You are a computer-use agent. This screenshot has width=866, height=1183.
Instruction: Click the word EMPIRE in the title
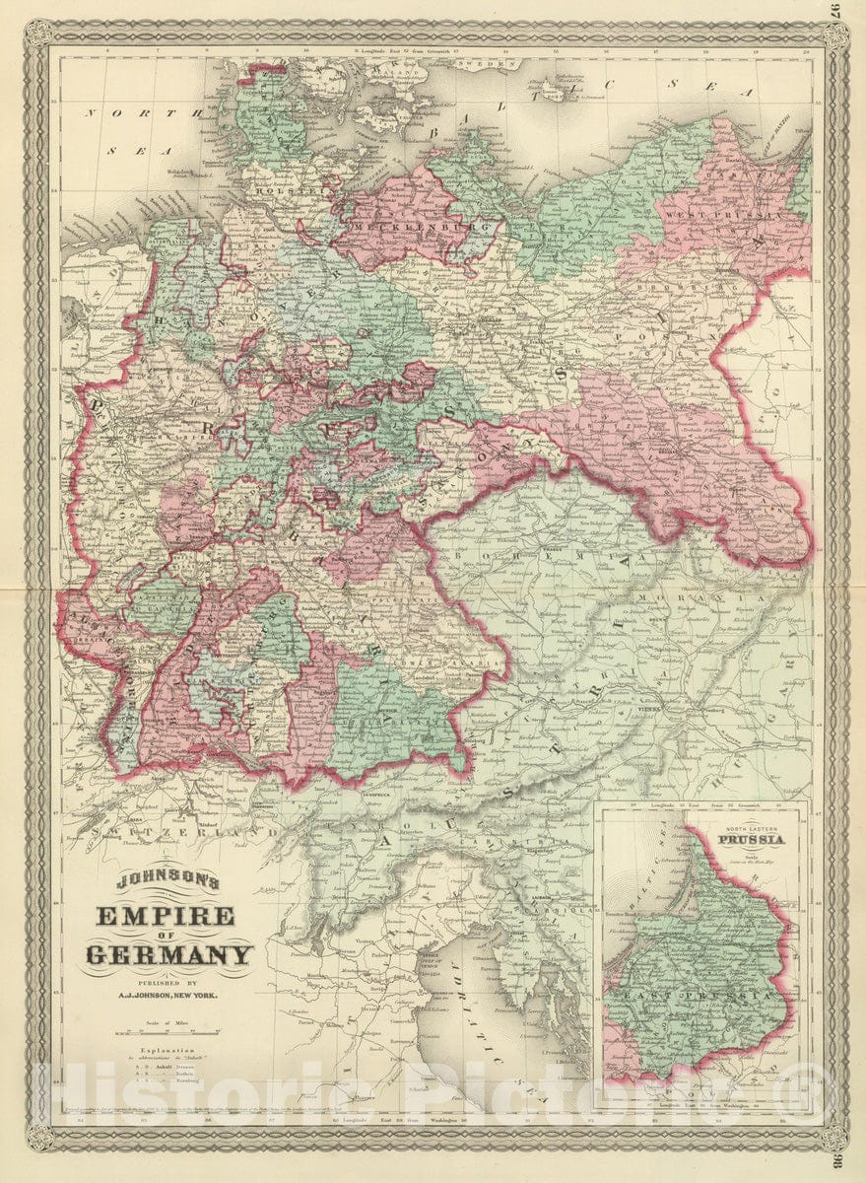point(165,917)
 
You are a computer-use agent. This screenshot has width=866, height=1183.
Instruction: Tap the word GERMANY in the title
point(168,954)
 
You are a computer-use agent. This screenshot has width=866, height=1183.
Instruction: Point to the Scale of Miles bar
point(165,1033)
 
